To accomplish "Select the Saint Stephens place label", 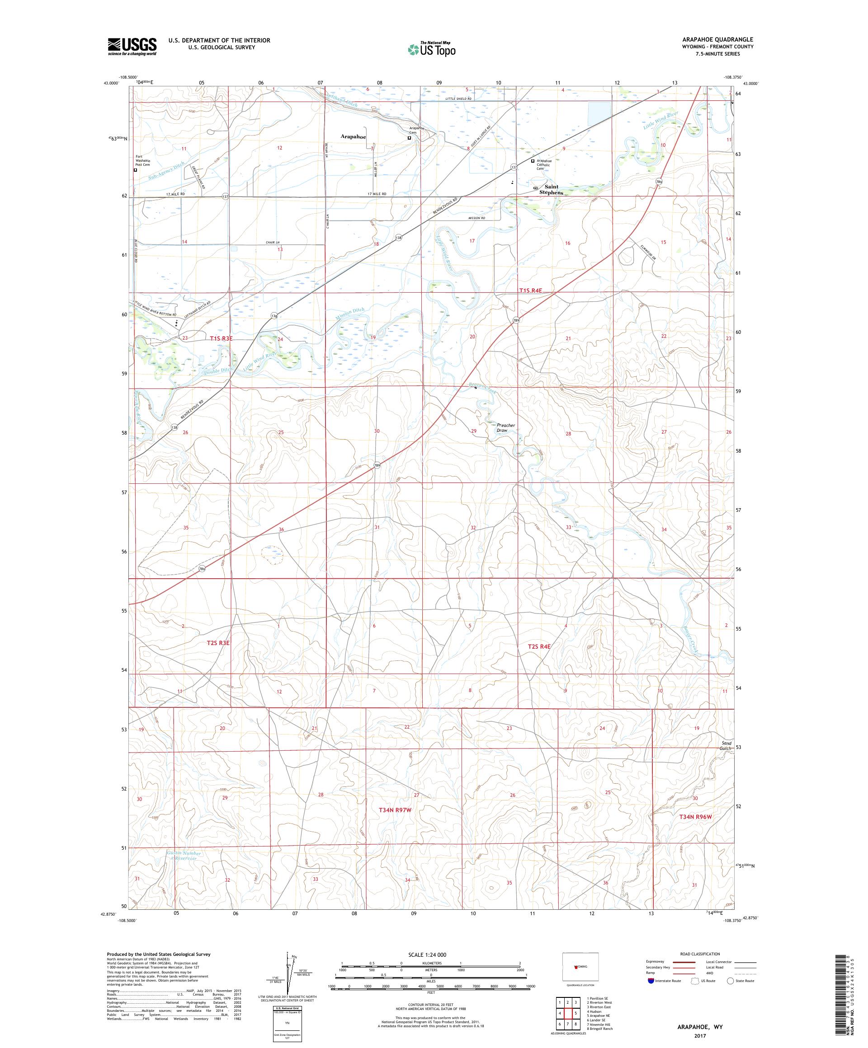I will [551, 190].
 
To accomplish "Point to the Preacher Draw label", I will [505, 428].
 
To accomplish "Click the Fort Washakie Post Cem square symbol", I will [135, 170].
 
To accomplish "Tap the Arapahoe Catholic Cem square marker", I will [533, 161].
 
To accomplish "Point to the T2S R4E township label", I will [539, 646].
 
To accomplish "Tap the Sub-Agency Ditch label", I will [167, 171].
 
